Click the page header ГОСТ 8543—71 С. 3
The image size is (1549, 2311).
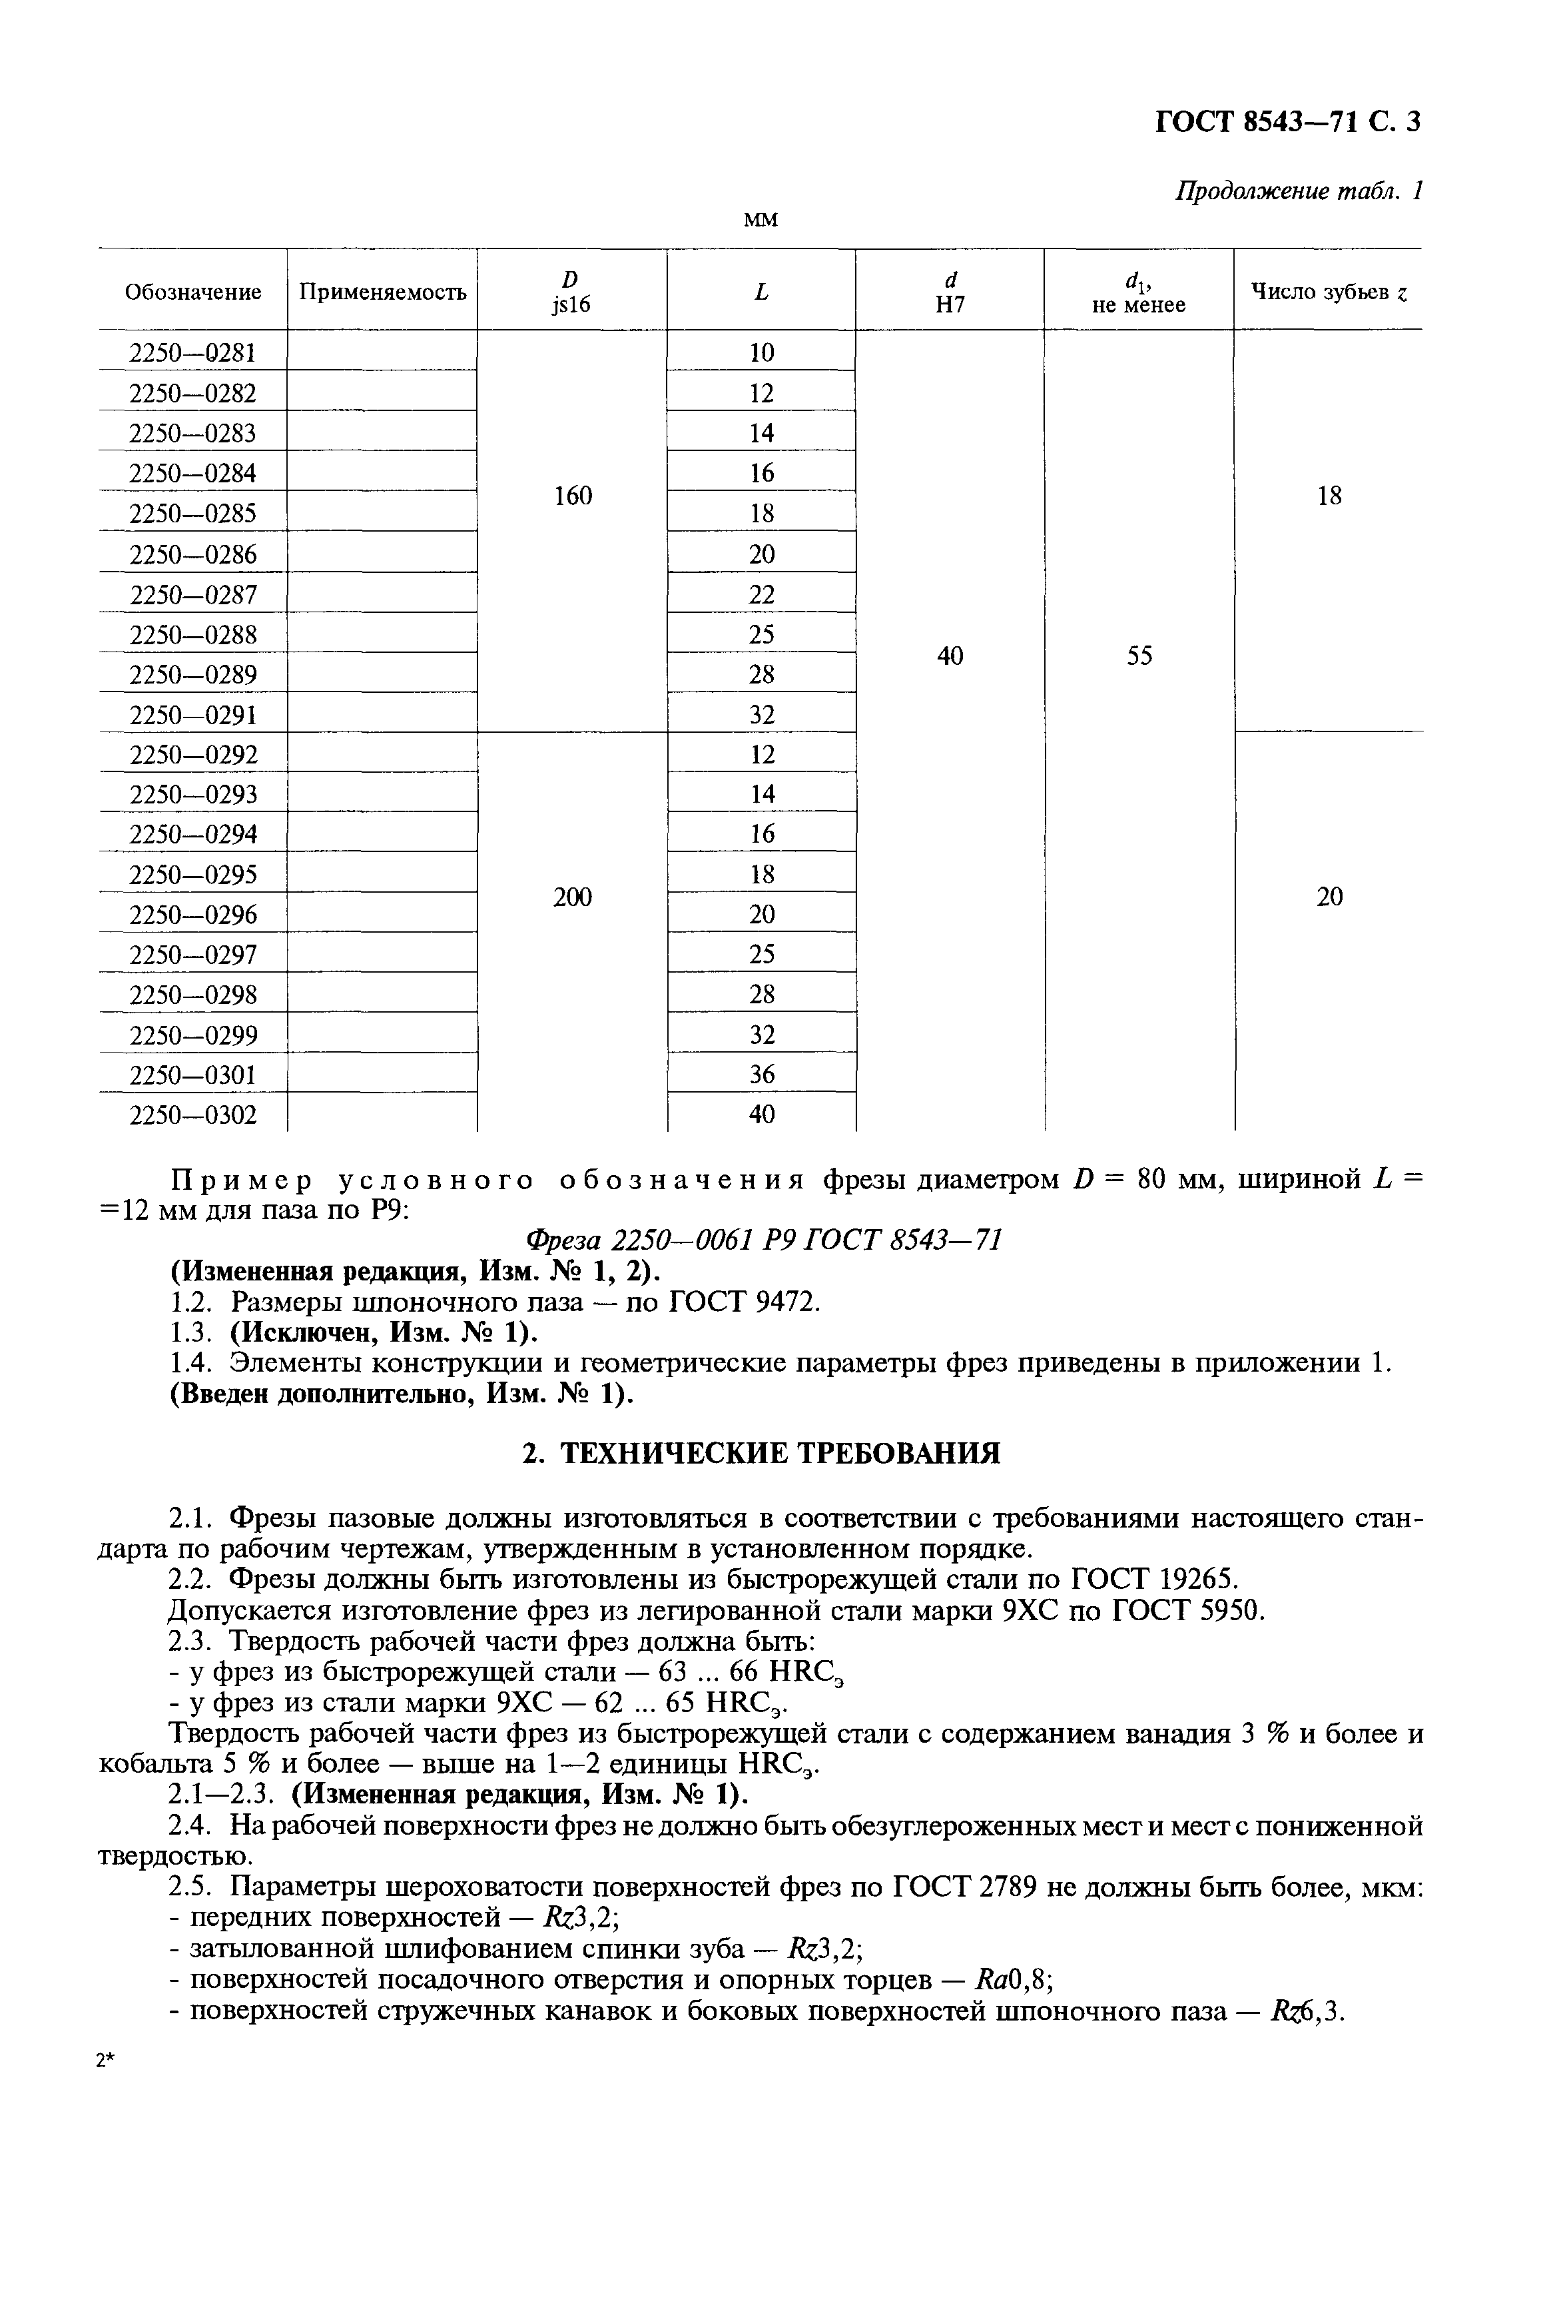(x=1287, y=121)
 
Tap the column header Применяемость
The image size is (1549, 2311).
(x=382, y=292)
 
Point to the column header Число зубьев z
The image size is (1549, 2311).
(x=1329, y=292)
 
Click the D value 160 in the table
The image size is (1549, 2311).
(x=572, y=496)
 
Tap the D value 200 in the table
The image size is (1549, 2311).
(x=572, y=897)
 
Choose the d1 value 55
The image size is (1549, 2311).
(x=1139, y=656)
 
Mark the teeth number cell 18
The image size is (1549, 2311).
(x=1329, y=496)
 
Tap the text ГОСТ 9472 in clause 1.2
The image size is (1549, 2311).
(x=743, y=1302)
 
